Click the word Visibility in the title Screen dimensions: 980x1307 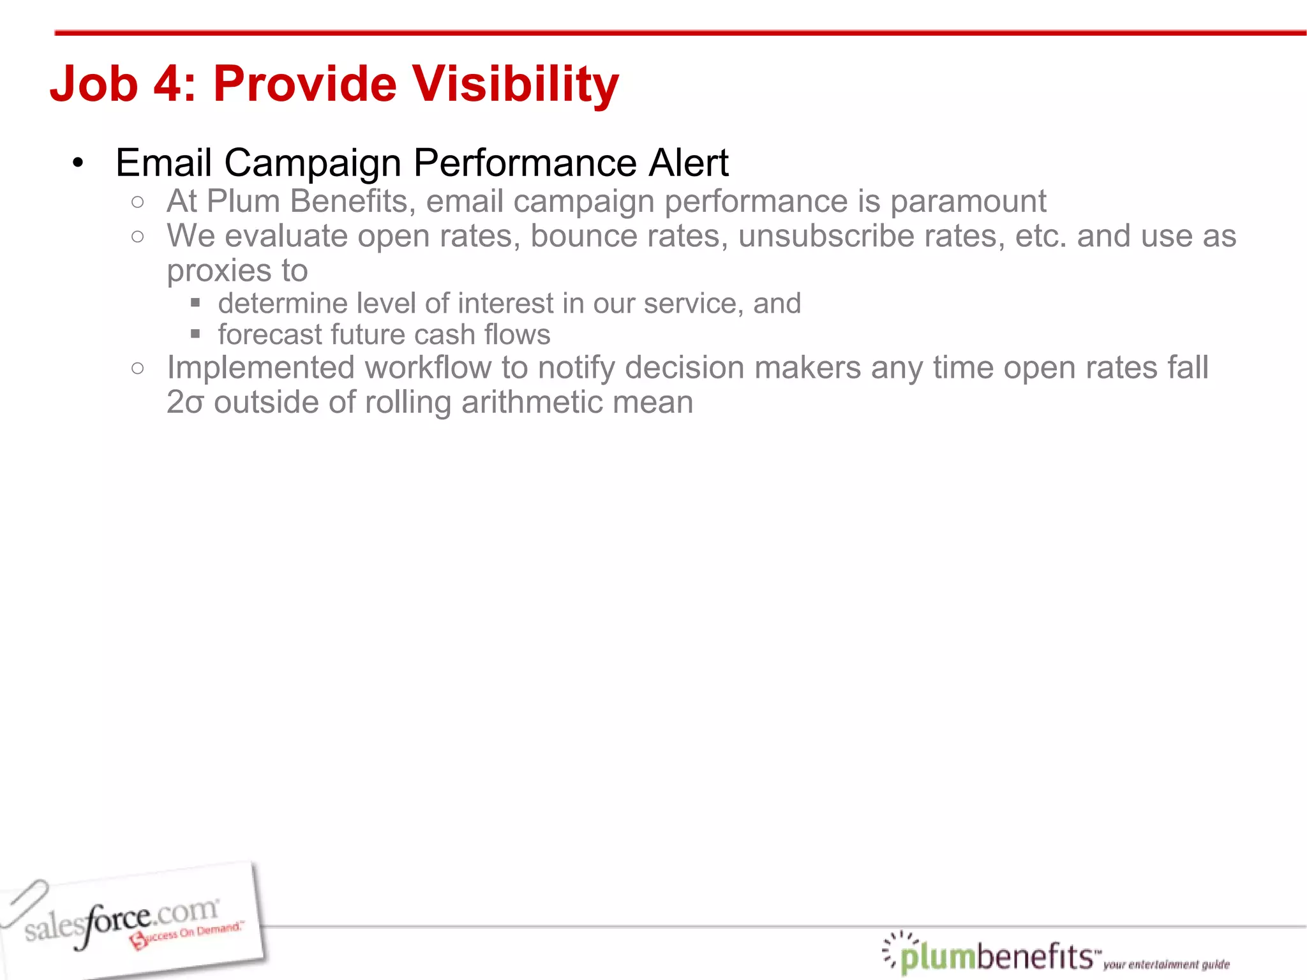[514, 84]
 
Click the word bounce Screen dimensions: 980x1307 [583, 236]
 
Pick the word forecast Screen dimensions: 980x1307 [268, 335]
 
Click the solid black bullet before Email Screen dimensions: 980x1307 [78, 163]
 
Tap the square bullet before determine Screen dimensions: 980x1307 [195, 302]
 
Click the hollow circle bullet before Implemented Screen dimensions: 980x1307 [137, 368]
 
